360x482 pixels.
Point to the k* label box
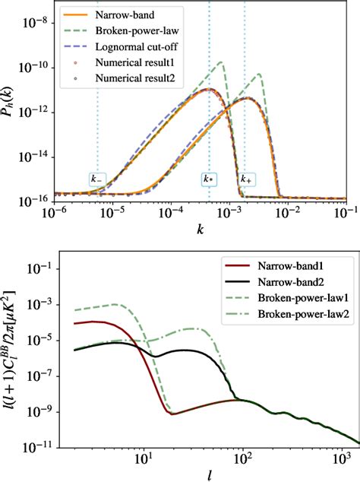click(209, 179)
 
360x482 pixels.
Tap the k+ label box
click(246, 179)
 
